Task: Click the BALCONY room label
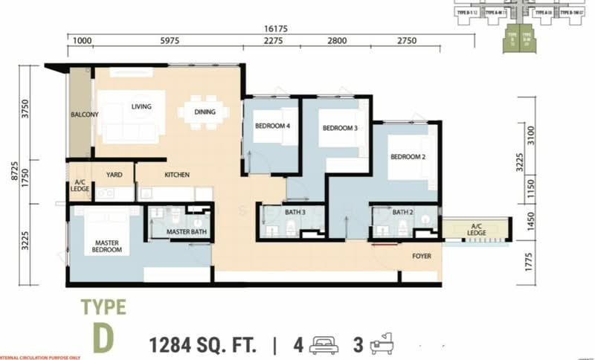click(85, 115)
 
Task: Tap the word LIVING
click(141, 106)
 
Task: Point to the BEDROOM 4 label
click(271, 126)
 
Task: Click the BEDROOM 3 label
click(340, 128)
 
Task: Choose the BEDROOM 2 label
click(408, 157)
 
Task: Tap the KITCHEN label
click(176, 175)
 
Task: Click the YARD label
click(114, 175)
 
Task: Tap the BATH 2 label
click(402, 213)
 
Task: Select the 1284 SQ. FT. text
click(203, 346)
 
